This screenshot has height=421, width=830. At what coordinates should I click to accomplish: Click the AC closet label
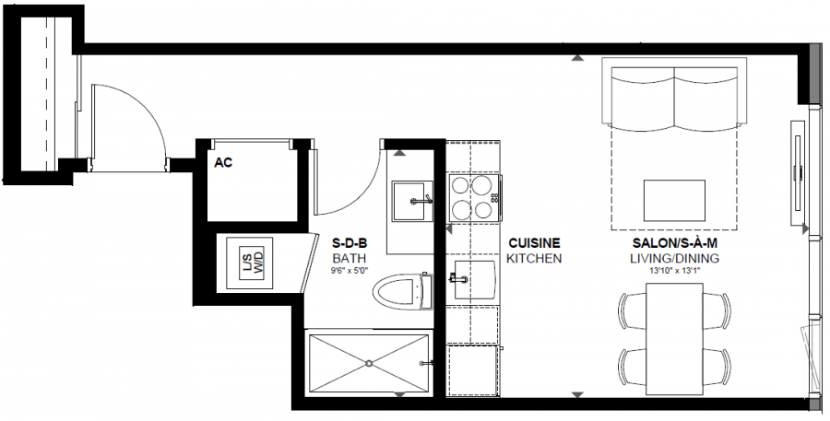tap(223, 163)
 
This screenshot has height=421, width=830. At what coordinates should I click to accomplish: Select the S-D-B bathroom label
tap(350, 244)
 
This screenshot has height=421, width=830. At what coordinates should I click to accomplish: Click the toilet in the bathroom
tap(402, 291)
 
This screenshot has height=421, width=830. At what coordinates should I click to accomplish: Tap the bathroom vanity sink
tap(412, 201)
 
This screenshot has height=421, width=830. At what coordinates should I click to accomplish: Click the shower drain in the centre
tap(368, 363)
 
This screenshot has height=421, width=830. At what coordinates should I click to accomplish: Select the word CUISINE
tap(534, 243)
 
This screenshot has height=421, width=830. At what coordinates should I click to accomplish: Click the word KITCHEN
tap(534, 259)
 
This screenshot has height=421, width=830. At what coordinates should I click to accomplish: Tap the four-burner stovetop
tap(474, 197)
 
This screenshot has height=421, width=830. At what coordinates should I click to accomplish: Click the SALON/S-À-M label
tap(675, 243)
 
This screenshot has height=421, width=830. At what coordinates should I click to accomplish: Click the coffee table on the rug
tap(674, 201)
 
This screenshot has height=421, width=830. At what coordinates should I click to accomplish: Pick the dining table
tap(674, 339)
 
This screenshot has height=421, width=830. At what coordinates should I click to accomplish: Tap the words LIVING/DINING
tap(675, 259)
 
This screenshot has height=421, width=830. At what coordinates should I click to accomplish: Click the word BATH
tap(350, 259)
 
